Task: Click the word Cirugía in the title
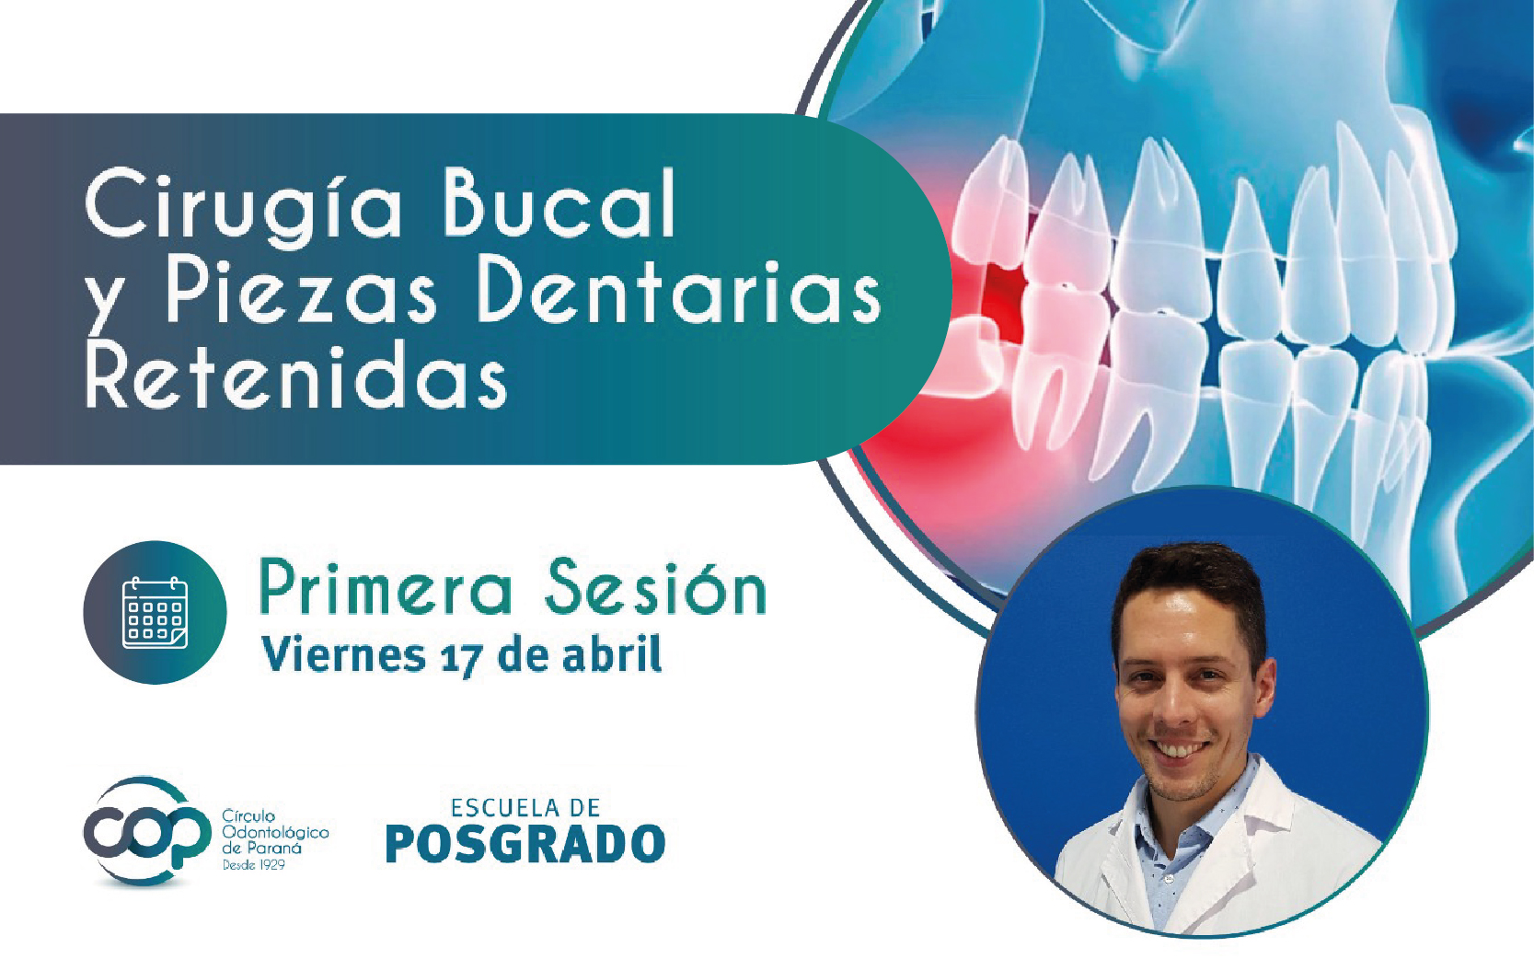(x=243, y=204)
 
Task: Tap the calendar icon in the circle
(x=155, y=612)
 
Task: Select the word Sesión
(x=654, y=589)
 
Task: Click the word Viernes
(x=342, y=655)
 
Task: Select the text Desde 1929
(x=253, y=865)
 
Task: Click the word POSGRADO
(x=525, y=844)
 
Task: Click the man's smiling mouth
(x=1182, y=749)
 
